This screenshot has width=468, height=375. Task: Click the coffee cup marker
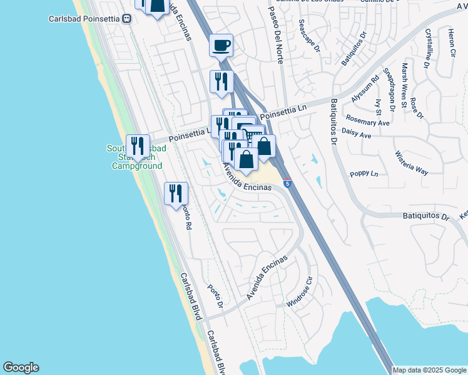[x=221, y=45]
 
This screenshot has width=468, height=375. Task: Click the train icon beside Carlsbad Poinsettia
[x=127, y=19]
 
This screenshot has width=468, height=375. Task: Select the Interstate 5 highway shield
[x=287, y=184]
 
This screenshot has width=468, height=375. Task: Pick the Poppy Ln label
[x=364, y=174]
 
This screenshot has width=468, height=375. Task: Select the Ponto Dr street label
[x=215, y=295]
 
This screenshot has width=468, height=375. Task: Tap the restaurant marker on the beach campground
[x=138, y=147]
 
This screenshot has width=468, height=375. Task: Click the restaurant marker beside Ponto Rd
[x=176, y=192]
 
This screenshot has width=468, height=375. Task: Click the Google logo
[x=21, y=367]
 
